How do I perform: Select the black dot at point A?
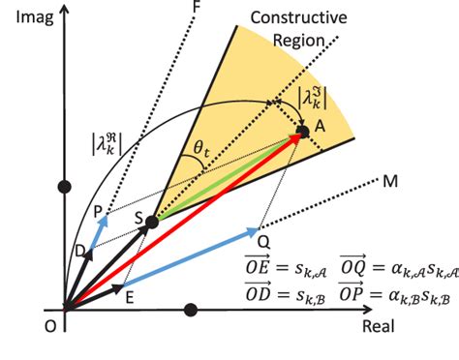tap(302, 131)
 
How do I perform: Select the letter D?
tap(77, 251)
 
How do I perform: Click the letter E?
tap(130, 296)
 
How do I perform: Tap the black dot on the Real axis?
tap(191, 311)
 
